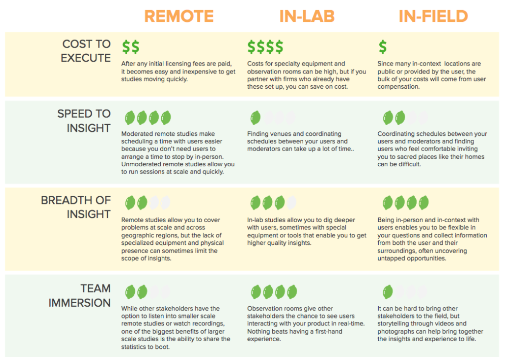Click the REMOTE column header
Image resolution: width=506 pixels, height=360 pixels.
point(179,16)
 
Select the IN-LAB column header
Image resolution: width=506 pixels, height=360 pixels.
point(307,16)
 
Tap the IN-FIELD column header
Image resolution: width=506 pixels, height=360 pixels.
point(433,16)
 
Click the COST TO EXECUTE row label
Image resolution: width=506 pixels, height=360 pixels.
point(86,51)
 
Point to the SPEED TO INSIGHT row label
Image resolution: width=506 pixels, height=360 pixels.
point(84,121)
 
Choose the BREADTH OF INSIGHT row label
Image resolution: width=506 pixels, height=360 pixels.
point(76,207)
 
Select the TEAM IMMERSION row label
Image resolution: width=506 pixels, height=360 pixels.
point(80,296)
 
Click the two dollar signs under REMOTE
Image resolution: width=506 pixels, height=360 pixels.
point(131,47)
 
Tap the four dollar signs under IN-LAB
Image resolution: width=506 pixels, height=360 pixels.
point(265,47)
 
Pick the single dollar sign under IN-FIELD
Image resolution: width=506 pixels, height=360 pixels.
point(383,47)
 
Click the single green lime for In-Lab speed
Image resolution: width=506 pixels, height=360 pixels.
point(255,118)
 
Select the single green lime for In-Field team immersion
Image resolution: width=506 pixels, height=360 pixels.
point(387,292)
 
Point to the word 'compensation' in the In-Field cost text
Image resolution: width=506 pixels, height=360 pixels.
point(399,87)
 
